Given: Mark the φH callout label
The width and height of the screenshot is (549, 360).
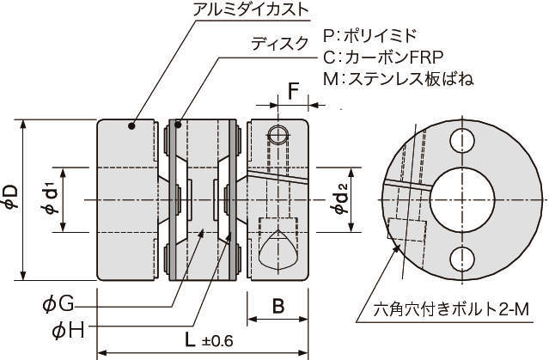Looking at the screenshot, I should pos(66,331).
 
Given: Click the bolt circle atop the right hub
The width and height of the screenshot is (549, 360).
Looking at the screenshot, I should pos(278,134).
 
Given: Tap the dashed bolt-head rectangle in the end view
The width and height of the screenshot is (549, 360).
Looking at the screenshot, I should pos(407,230).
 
